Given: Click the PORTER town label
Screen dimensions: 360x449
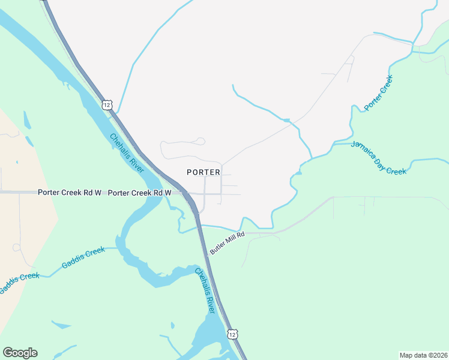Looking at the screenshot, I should [203, 172].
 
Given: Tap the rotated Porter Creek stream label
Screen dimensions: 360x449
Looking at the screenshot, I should [378, 93].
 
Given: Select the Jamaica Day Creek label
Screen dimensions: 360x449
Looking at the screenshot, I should [379, 158].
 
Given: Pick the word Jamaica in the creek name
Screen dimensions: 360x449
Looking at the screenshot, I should [363, 150].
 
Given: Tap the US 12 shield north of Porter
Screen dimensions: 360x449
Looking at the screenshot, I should [107, 105].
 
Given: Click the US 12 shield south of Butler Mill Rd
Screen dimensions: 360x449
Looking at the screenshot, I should [232, 333].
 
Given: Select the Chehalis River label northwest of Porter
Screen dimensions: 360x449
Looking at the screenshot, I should [127, 153].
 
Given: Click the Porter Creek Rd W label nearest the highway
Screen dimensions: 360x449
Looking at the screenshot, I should [139, 193].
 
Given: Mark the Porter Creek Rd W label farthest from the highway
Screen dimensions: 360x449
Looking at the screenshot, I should [69, 193].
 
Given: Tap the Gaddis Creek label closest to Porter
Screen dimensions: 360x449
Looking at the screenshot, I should [83, 258].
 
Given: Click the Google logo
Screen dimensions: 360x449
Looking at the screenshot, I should [20, 353].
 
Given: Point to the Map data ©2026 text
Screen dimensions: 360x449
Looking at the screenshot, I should [423, 355].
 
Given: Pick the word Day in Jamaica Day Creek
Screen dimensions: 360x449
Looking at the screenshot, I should [382, 159].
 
